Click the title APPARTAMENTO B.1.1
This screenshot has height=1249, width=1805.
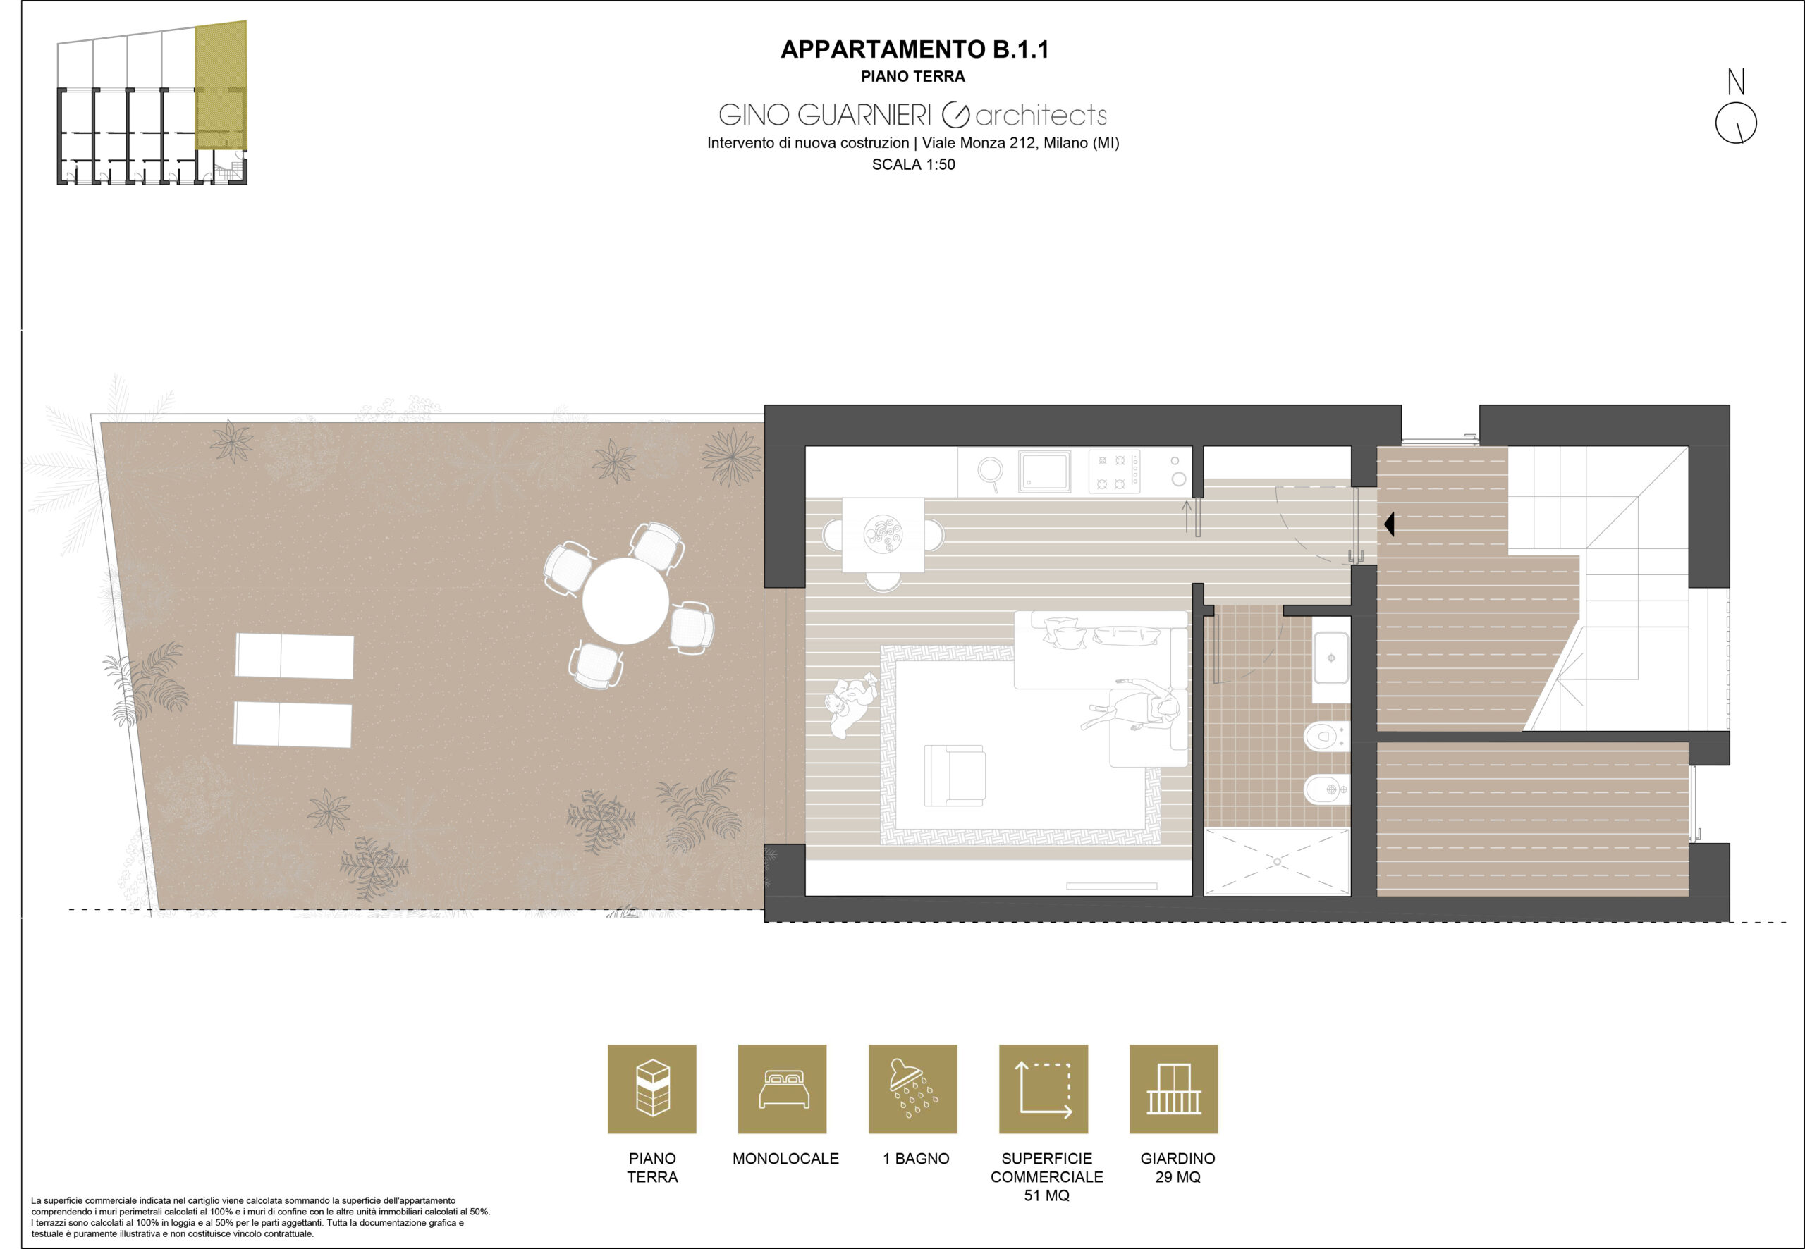(x=914, y=49)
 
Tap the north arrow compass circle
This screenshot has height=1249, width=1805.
(x=1736, y=123)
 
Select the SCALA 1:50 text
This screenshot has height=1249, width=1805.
(x=914, y=164)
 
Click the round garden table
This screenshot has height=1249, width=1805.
(x=625, y=601)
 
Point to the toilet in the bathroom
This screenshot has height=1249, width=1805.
(x=1326, y=736)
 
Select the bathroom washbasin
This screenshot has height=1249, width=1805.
(x=1330, y=658)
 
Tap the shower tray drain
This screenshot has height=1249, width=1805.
(x=1277, y=861)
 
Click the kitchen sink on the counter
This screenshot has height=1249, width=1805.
(x=1044, y=472)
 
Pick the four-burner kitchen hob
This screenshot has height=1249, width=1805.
(x=1115, y=472)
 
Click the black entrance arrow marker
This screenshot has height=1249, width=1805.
(x=1388, y=524)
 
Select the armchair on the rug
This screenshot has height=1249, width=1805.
(x=954, y=775)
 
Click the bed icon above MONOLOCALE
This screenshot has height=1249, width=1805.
(x=782, y=1088)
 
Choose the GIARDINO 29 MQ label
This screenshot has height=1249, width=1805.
(x=1177, y=1168)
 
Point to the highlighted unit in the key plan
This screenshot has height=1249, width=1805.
(x=221, y=86)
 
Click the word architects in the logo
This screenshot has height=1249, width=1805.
(x=1041, y=116)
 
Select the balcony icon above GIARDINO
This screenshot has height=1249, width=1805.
(x=1173, y=1088)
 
